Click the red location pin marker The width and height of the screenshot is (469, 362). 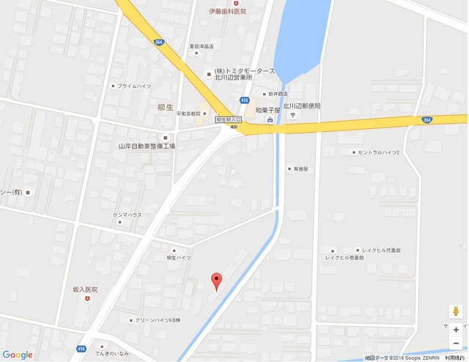tap(215, 281)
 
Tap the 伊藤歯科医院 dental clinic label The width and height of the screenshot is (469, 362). tap(226, 12)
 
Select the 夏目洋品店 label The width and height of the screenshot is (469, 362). tap(200, 46)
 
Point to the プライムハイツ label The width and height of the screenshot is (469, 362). tap(133, 86)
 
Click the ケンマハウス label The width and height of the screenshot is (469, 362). tap(127, 215)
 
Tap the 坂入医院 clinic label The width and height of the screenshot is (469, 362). tap(85, 289)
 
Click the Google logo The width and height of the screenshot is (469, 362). tap(17, 355)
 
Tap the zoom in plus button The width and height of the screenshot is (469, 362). tap(455, 330)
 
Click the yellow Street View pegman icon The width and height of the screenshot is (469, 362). tap(455, 310)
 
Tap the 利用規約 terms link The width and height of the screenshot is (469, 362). tap(455, 358)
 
